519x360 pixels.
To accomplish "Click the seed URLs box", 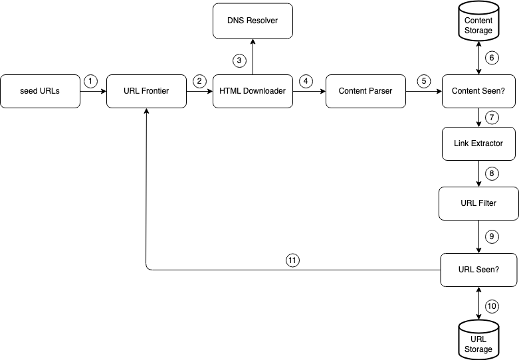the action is pyautogui.click(x=40, y=91).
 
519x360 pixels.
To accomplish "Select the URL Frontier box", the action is pyautogui.click(x=146, y=91).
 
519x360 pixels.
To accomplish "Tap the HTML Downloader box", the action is pyautogui.click(x=253, y=91).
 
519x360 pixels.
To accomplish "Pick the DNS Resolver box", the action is pyautogui.click(x=253, y=21).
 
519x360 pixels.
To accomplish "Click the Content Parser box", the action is pyautogui.click(x=365, y=91).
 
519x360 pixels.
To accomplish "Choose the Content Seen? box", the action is pyautogui.click(x=478, y=91).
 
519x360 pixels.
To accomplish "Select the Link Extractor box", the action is pyautogui.click(x=478, y=143).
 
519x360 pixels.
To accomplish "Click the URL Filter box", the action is pyautogui.click(x=478, y=203).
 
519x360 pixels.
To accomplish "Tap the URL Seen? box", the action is pyautogui.click(x=478, y=270).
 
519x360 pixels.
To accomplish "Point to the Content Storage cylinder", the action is pyautogui.click(x=478, y=22).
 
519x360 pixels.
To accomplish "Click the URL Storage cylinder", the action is pyautogui.click(x=478, y=340).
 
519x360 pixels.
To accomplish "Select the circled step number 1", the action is pyautogui.click(x=90, y=81).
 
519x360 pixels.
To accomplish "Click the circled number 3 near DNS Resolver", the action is pyautogui.click(x=239, y=61).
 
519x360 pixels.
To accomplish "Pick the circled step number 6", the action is pyautogui.click(x=492, y=58).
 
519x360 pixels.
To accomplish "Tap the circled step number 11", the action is pyautogui.click(x=292, y=260).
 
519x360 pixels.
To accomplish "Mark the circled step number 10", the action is pyautogui.click(x=492, y=306).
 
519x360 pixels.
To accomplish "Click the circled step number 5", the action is pyautogui.click(x=424, y=81).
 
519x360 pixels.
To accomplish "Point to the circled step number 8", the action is pyautogui.click(x=492, y=173).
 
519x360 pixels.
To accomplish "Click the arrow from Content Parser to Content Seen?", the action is pyautogui.click(x=424, y=91).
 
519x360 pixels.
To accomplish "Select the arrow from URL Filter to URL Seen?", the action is pyautogui.click(x=478, y=236).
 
